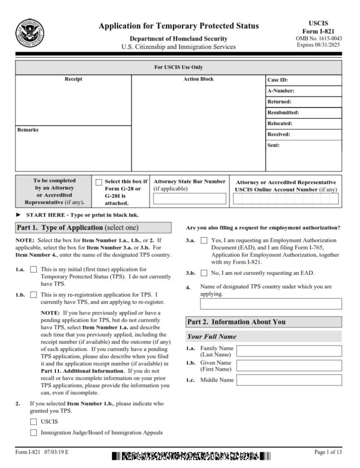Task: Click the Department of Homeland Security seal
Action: [30, 33]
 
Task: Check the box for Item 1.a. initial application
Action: [33, 270]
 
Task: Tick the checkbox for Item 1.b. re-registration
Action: [33, 295]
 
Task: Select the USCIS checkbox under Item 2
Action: [33, 421]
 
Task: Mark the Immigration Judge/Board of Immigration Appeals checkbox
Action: [33, 432]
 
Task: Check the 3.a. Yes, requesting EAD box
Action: [204, 240]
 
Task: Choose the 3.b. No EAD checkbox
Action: [204, 273]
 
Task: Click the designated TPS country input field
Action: [270, 304]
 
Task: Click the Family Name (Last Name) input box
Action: [289, 351]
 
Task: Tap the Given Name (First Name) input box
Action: [289, 366]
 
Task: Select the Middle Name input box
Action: [289, 380]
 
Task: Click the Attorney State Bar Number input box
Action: [190, 199]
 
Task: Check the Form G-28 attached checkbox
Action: [99, 182]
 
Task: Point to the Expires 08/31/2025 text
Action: [319, 45]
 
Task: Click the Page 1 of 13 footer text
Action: [328, 452]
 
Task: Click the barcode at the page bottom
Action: [191, 456]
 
